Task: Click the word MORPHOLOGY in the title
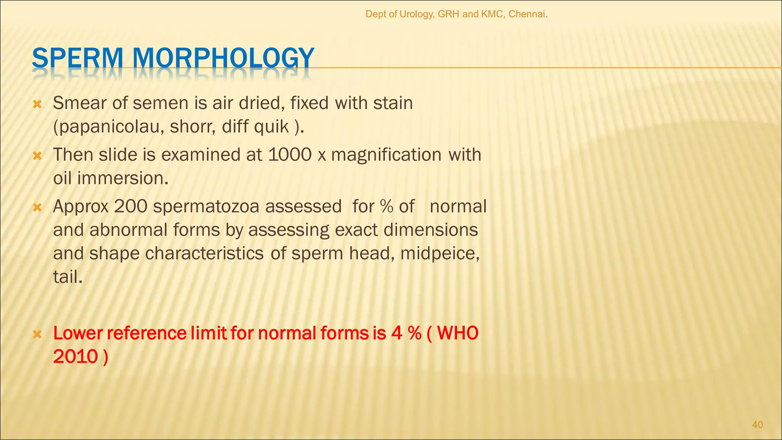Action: coord(223,58)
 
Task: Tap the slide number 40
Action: coord(757,425)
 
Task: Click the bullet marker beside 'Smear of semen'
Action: coord(37,104)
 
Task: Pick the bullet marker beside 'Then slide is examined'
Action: coord(37,155)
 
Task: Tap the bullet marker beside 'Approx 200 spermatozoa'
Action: coord(37,207)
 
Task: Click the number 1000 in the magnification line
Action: coord(290,155)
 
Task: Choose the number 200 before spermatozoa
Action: coord(131,207)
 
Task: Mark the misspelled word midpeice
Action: coord(439,254)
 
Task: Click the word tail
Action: coord(67,277)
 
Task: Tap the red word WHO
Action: coord(457,333)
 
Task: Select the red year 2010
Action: coord(75,357)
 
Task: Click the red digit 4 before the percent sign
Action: coord(397,333)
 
